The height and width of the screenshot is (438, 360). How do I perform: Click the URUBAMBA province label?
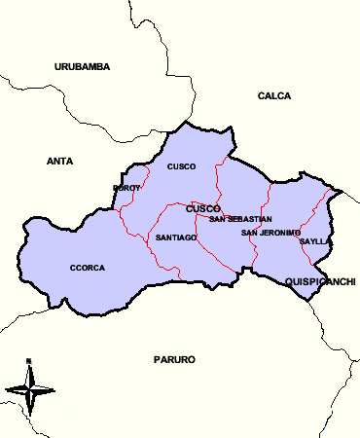pyautogui.click(x=83, y=66)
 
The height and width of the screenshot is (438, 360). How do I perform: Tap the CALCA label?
pyautogui.click(x=274, y=95)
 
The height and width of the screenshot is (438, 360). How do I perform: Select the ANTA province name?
pyautogui.click(x=60, y=161)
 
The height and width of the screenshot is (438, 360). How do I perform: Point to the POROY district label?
pyautogui.click(x=127, y=188)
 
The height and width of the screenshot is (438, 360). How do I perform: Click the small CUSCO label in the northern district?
pyautogui.click(x=182, y=166)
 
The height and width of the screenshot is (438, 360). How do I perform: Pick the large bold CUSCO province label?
pyautogui.click(x=202, y=208)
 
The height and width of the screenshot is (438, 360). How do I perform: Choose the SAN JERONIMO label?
pyautogui.click(x=271, y=233)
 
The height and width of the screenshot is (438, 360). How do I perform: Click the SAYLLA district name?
pyautogui.click(x=316, y=240)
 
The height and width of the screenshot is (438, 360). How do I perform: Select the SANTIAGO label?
pyautogui.click(x=176, y=237)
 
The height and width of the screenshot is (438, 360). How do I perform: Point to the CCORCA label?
pyautogui.click(x=88, y=268)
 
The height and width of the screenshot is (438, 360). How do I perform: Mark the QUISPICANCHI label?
pyautogui.click(x=320, y=281)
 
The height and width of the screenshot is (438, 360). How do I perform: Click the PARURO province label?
pyautogui.click(x=174, y=360)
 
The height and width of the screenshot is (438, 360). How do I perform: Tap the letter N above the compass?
pyautogui.click(x=29, y=361)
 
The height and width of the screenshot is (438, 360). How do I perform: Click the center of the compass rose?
pyautogui.click(x=29, y=390)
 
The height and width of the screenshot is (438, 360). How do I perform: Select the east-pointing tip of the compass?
pyautogui.click(x=54, y=390)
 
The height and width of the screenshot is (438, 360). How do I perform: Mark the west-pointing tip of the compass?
pyautogui.click(x=6, y=390)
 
